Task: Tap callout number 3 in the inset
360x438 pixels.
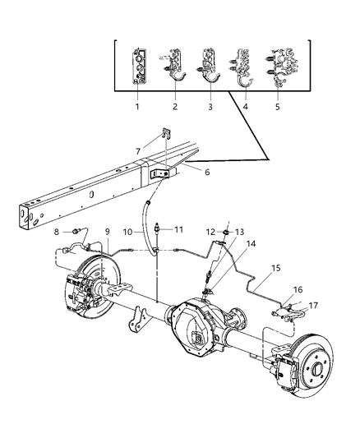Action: tap(210, 107)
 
